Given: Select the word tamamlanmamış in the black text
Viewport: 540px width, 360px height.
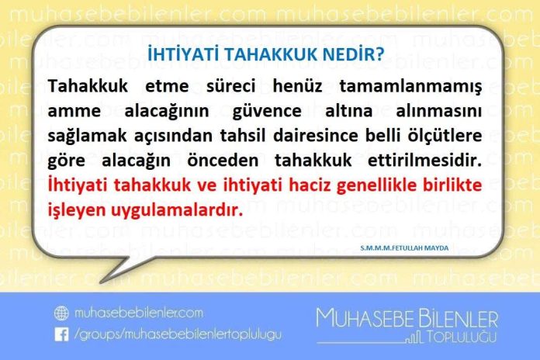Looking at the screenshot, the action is pos(411,86).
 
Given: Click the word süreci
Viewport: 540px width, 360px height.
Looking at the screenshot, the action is pos(230,86).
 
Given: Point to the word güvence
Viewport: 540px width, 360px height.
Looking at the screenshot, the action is pos(267,112).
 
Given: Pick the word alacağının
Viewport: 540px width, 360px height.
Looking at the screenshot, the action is pos(167,112).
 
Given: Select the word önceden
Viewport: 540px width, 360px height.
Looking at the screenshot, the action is pos(223,161).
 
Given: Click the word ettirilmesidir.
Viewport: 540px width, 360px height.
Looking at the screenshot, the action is pos(424,161).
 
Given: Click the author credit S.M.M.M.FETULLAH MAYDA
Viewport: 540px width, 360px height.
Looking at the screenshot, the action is pos(404,247).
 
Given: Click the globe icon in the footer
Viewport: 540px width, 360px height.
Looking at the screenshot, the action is pos(61,313).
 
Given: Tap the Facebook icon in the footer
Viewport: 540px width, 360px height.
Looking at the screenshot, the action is pos(61,334).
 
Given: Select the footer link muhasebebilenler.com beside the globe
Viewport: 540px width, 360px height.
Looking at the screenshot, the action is pos(138,313).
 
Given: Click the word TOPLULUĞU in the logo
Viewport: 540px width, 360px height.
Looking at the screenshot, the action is pos(462,337).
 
